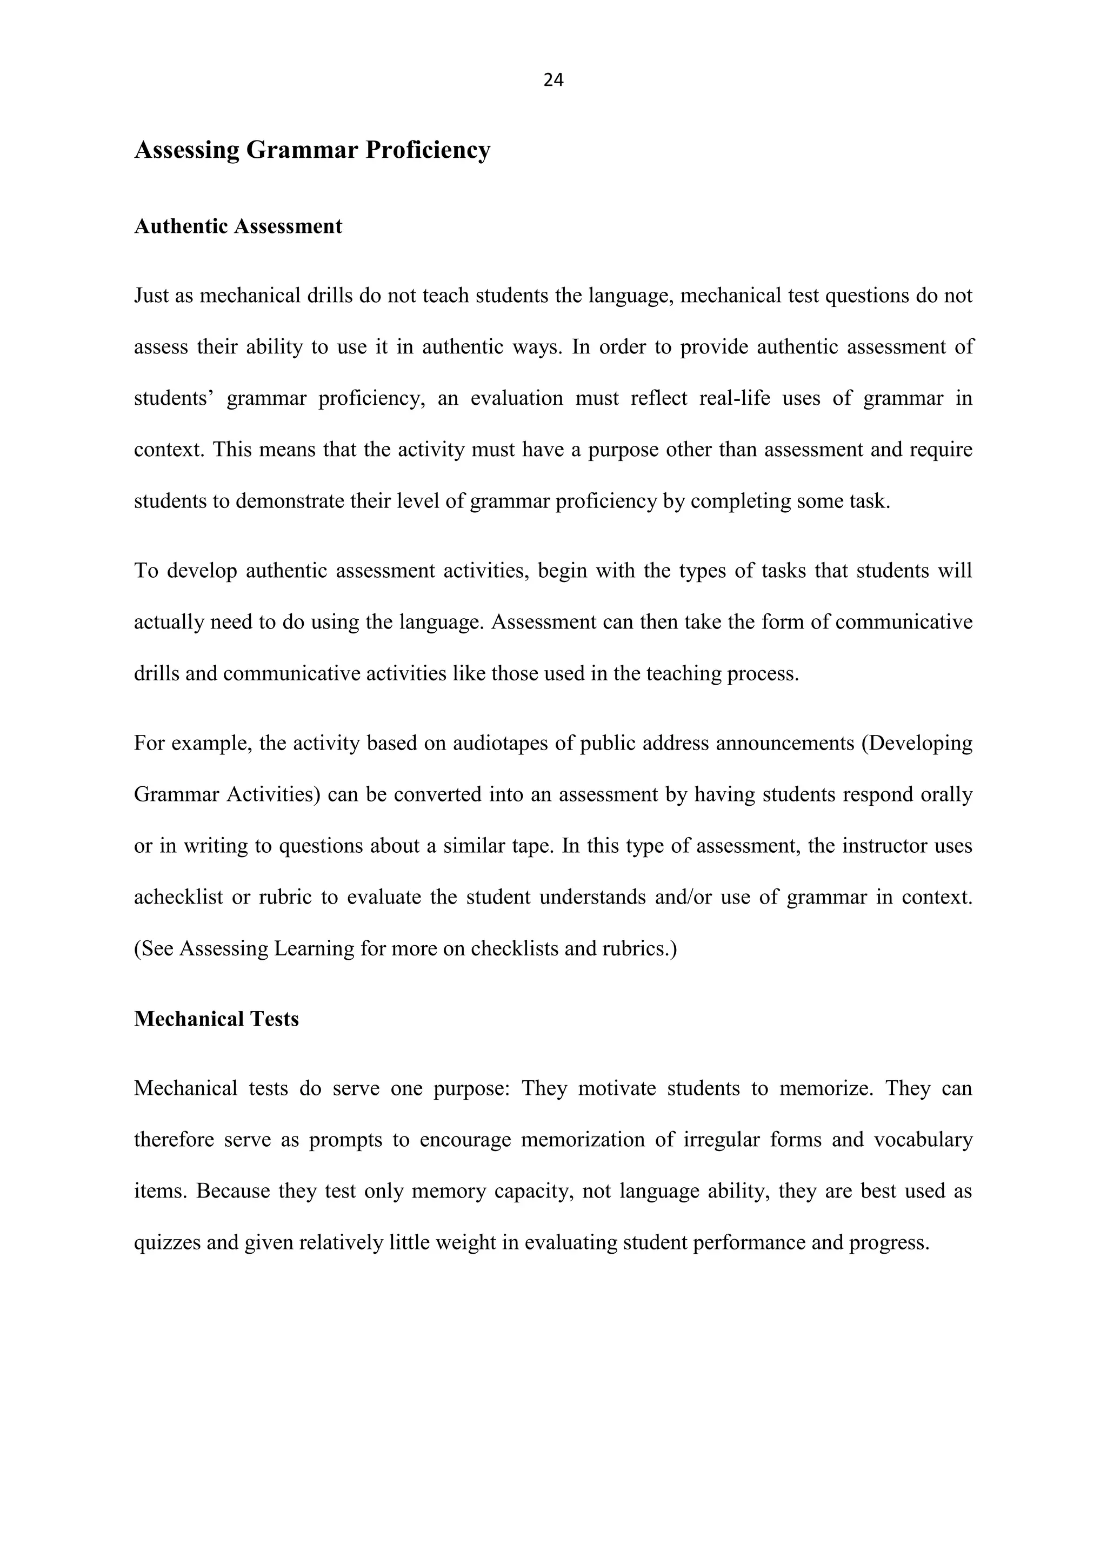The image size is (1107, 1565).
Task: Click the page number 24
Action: [x=553, y=81]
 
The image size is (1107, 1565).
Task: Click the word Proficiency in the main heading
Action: [x=428, y=149]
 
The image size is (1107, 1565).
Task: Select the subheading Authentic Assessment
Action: [x=238, y=226]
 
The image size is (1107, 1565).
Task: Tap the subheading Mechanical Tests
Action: [x=216, y=1019]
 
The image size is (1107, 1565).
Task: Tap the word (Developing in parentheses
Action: [x=916, y=743]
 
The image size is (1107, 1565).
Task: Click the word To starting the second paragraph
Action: [x=146, y=571]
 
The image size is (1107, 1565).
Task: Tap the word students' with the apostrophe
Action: [x=174, y=398]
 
